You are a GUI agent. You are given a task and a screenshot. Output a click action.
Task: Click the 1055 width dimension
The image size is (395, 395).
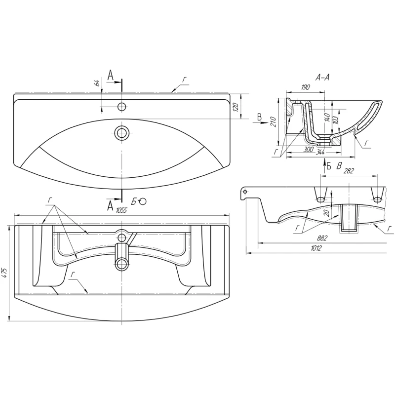121,210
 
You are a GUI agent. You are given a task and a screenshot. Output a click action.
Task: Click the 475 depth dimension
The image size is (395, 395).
5,274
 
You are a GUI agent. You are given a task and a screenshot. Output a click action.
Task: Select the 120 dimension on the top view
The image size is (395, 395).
236,107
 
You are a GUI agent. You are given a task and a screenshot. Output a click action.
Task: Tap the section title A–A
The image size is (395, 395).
322,78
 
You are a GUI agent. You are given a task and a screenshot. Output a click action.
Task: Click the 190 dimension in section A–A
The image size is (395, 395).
305,87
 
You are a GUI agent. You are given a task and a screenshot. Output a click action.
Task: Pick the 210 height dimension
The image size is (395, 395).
274,122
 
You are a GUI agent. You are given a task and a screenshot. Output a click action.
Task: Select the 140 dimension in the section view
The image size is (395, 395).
327,117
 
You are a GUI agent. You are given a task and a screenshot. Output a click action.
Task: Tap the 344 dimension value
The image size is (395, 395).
320,152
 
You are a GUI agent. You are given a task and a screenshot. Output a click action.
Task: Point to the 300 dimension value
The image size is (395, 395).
308,150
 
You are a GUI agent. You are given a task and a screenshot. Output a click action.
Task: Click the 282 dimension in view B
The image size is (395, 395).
349,171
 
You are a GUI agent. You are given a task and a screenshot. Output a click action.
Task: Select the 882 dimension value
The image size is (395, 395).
322,238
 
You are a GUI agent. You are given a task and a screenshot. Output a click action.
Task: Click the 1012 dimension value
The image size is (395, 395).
316,248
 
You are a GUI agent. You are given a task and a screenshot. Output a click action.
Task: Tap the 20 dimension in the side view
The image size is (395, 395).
327,213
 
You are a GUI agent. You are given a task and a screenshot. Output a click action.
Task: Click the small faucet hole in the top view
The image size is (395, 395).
122,107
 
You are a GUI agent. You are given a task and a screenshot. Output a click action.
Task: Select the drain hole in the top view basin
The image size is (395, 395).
122,132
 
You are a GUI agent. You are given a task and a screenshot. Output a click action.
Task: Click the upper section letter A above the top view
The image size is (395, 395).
110,75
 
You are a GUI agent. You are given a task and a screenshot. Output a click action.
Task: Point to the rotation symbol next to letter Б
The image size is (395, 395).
143,201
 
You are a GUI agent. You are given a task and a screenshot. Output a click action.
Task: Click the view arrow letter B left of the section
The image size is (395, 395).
259,117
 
